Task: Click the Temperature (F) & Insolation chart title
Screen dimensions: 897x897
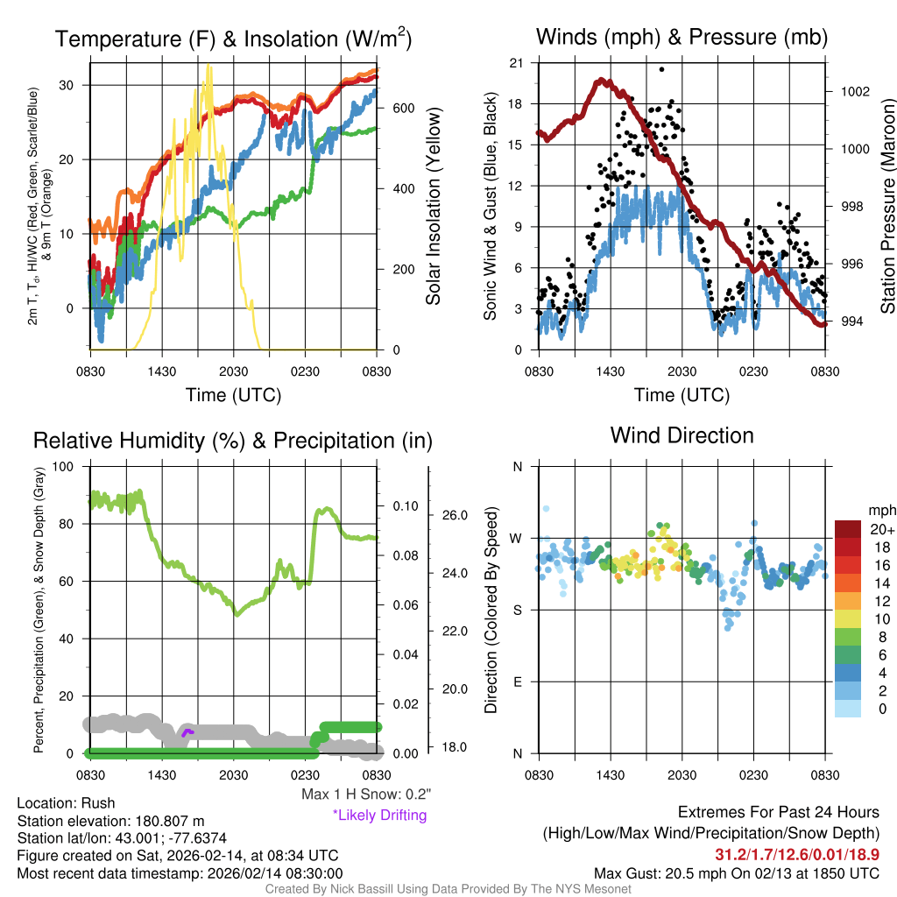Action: coord(233,39)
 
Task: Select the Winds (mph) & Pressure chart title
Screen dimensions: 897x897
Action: coord(682,37)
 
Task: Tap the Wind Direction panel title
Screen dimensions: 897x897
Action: coord(682,435)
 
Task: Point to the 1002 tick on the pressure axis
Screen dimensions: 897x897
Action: coord(854,91)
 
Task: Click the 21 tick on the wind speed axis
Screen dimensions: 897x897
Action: coord(516,63)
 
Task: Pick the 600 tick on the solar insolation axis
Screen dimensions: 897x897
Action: coord(403,108)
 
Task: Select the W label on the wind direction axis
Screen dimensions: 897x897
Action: coord(517,538)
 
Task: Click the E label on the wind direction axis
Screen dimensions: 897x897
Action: coord(517,682)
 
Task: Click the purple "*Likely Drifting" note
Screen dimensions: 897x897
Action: coord(379,816)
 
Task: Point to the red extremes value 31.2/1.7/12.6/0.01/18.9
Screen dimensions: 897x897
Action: coord(797,854)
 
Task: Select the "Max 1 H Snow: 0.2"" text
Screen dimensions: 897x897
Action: coord(366,795)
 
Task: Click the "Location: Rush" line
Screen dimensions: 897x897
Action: coord(66,803)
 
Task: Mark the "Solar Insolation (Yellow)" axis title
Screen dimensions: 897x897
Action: coord(433,207)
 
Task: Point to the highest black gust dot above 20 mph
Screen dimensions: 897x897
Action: coord(661,69)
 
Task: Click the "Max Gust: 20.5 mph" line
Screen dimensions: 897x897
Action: coord(736,873)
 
